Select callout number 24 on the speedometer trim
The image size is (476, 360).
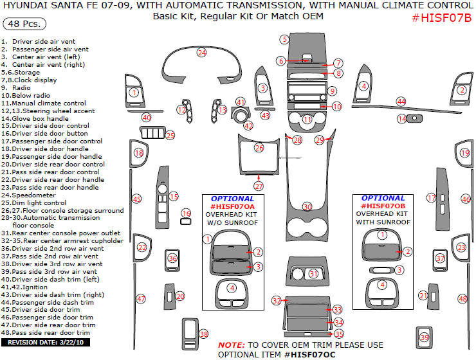(202, 52)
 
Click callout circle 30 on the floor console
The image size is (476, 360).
(307, 206)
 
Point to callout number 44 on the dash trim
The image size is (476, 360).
(401, 102)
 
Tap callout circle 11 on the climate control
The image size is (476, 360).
(307, 120)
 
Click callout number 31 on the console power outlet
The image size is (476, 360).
(313, 274)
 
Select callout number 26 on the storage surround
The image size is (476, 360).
(259, 148)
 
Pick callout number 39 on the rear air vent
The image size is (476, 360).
(423, 337)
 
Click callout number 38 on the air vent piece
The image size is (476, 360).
(204, 334)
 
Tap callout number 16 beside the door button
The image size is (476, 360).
(186, 213)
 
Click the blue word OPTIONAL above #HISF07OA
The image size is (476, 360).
(232, 199)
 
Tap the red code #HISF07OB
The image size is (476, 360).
(383, 206)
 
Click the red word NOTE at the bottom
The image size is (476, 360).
(230, 345)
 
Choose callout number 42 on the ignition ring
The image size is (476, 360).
(248, 126)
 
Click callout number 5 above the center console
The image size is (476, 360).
(284, 39)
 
